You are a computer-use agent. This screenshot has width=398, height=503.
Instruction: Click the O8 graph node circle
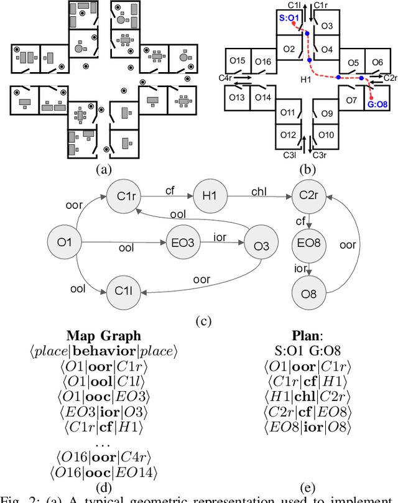(x=309, y=290)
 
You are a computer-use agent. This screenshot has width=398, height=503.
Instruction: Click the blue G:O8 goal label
(x=376, y=105)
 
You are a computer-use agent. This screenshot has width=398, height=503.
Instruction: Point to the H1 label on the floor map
(x=305, y=80)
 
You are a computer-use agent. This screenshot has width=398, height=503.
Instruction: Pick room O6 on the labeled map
(x=377, y=63)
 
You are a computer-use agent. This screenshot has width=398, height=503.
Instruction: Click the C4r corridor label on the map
(x=225, y=78)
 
